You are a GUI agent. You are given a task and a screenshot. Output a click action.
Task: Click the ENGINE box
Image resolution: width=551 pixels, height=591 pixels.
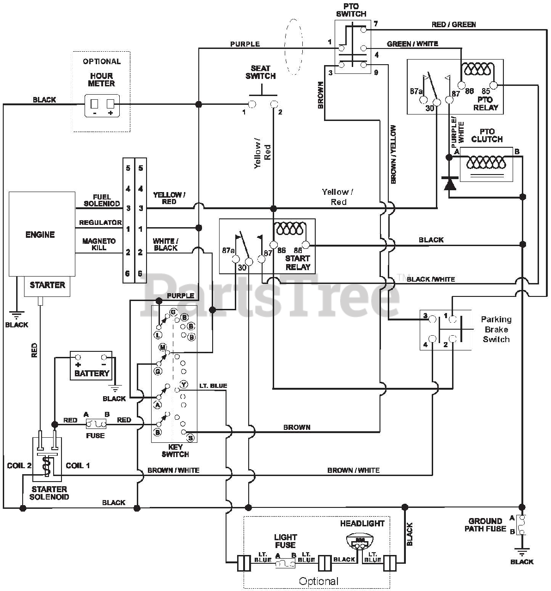coord(42,234)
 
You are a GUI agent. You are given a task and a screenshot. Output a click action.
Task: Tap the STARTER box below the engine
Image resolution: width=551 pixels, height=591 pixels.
coord(47,286)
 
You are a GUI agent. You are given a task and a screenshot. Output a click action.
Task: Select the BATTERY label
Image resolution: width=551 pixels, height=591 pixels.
coord(92,373)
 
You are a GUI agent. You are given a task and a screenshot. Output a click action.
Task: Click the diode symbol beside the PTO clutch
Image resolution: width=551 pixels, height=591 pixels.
coord(449,183)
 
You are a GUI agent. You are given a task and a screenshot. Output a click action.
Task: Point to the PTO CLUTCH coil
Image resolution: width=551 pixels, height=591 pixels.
coord(486,163)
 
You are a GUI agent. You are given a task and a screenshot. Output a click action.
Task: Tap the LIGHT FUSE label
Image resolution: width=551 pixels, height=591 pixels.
coord(285,541)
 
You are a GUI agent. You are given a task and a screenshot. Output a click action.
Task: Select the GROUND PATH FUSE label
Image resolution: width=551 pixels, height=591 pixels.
coord(485,525)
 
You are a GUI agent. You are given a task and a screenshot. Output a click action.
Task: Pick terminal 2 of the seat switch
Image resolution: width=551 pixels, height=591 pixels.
coord(274,104)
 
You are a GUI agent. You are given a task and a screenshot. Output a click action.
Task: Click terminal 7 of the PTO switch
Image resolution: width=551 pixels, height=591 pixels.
coord(363,30)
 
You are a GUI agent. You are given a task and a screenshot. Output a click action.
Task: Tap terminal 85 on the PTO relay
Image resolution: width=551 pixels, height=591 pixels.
coord(494,86)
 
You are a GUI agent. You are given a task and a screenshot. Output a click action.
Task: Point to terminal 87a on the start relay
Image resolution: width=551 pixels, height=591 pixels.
coord(236,259)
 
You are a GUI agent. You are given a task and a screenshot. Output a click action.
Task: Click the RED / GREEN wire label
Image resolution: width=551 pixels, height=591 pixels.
coord(453,24)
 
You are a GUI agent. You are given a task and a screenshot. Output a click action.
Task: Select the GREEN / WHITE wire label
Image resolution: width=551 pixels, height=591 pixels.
coord(412,44)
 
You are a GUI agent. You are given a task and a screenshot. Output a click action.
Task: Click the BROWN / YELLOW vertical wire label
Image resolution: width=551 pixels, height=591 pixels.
coord(393,155)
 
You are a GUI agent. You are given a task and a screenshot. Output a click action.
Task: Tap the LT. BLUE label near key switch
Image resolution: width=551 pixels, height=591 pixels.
coord(213,386)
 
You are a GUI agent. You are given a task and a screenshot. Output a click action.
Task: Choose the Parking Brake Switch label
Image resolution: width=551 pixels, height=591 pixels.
coord(496,329)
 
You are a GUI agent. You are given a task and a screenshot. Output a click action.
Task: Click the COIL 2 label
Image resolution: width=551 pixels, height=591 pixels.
coord(19,465)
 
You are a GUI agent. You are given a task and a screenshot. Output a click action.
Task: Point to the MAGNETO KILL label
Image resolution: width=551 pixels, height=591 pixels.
coord(98,244)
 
